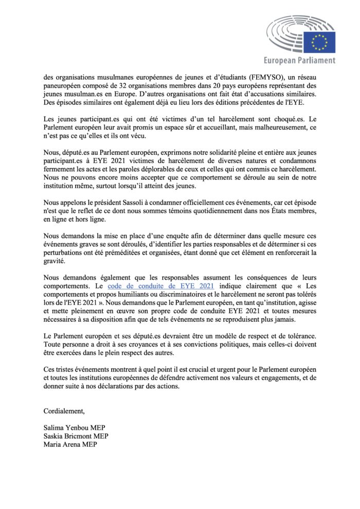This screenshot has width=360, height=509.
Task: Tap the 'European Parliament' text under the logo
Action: tap(299, 61)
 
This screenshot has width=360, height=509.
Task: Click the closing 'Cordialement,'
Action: tap(64, 411)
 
